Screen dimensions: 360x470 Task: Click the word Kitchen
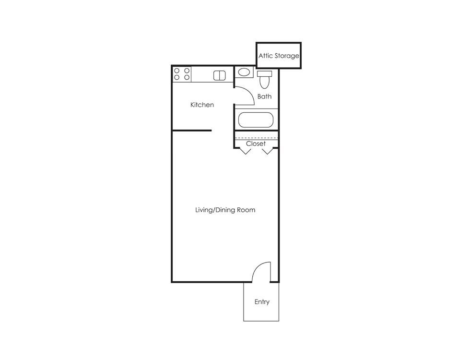[x=202, y=105]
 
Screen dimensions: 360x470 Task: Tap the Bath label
[x=264, y=96]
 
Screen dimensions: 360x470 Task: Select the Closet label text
[x=256, y=144]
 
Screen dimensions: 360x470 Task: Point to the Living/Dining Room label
[x=225, y=210]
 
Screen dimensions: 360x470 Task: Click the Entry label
[x=262, y=302]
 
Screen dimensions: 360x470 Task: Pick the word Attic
[x=266, y=56]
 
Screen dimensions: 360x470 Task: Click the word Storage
[x=287, y=56]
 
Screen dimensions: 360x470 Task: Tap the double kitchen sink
[x=219, y=75]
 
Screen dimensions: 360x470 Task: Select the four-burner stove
[x=182, y=74]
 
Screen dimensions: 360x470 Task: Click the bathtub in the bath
[x=256, y=120]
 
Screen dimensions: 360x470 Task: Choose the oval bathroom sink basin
[x=245, y=72]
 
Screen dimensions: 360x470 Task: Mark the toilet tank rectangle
[x=264, y=73]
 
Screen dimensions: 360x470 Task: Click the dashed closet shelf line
[x=256, y=138]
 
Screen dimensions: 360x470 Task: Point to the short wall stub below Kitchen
[x=192, y=130]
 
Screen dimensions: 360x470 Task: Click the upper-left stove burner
[x=177, y=71]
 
